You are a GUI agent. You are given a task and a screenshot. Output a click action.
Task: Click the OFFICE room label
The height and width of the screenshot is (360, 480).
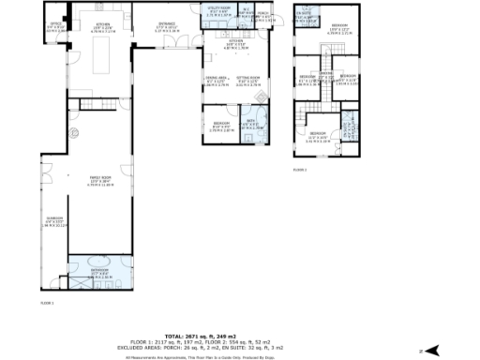coord(55,26)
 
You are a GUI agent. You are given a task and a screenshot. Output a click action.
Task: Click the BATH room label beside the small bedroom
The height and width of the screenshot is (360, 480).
coord(251,123)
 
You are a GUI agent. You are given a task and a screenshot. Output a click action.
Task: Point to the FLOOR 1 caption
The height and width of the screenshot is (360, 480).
coord(46,303)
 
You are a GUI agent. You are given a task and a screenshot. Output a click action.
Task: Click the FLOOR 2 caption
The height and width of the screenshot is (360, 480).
coord(299,169)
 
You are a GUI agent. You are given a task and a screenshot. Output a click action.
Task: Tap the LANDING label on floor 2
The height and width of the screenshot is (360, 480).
coord(325,75)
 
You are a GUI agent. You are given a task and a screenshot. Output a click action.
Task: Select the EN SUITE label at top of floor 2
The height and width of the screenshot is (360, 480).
coord(304,15)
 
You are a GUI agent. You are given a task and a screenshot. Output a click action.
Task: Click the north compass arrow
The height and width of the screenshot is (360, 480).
coord(432,350)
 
